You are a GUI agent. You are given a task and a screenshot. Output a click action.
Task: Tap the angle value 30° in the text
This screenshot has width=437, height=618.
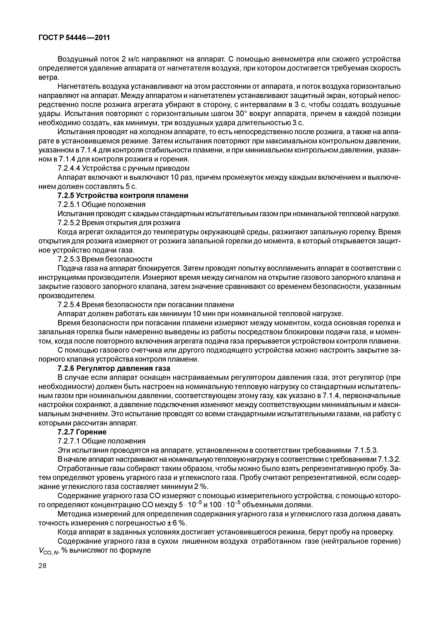click(x=241, y=114)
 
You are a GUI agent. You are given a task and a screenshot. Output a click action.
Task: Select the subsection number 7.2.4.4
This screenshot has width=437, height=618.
click(x=69, y=168)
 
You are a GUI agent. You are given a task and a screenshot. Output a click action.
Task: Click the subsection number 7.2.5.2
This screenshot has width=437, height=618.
click(x=69, y=223)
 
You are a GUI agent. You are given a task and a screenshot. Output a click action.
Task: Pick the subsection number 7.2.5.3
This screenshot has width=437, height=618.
click(x=69, y=259)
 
